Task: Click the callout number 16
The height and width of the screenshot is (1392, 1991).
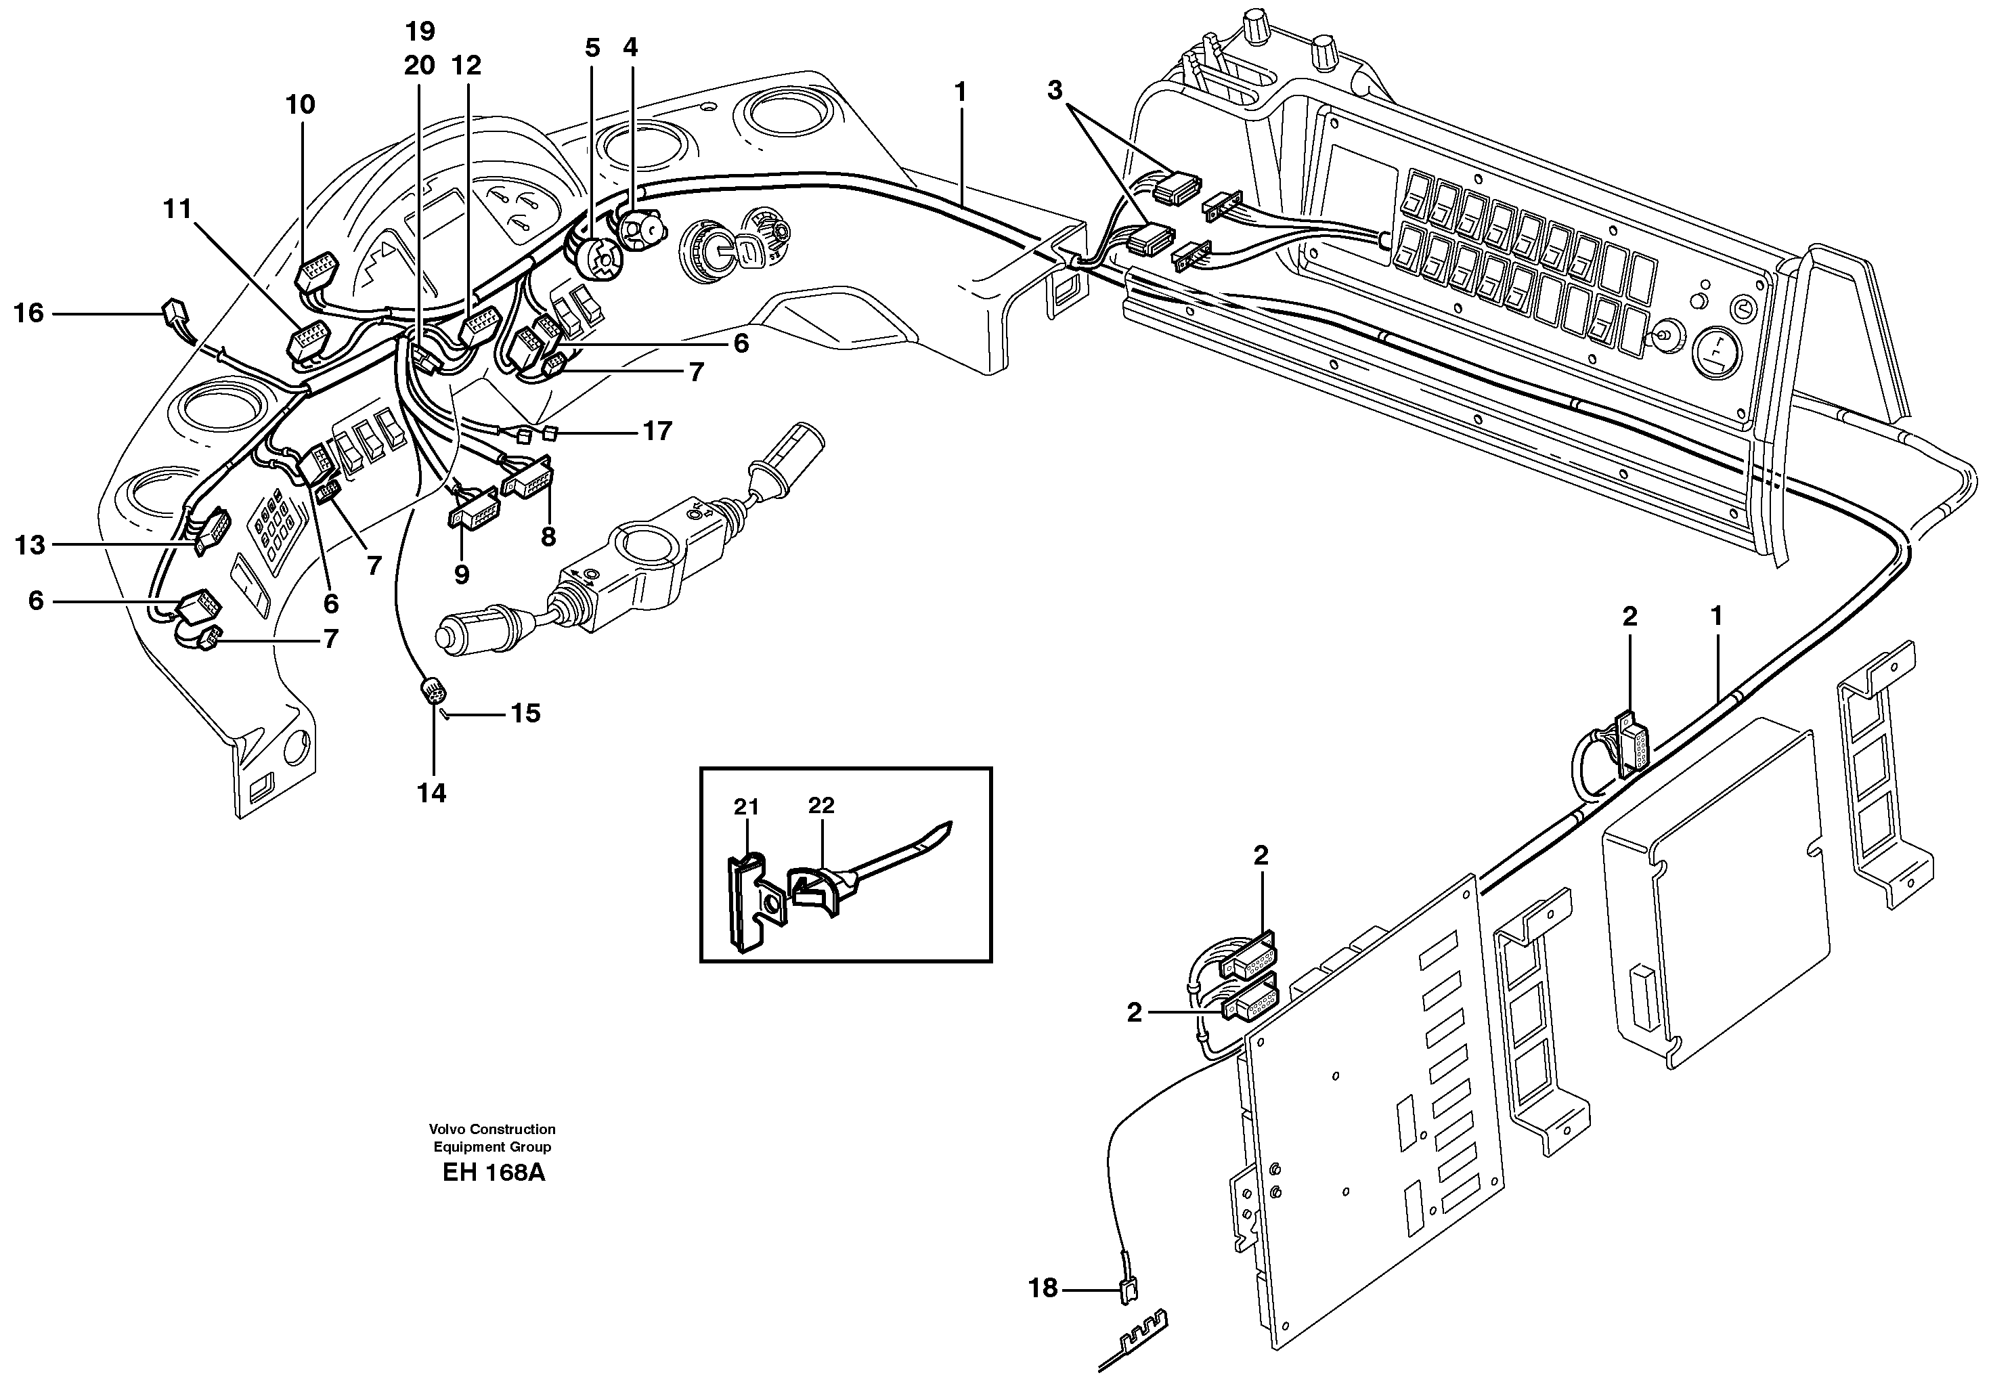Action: [28, 313]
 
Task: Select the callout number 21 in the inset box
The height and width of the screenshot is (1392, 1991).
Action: [746, 806]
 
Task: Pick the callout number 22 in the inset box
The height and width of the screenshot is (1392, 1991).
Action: [821, 805]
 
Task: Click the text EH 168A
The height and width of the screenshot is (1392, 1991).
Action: [493, 1173]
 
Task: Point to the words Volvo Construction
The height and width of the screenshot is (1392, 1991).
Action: [491, 1129]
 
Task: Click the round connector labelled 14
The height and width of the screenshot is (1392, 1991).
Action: [432, 691]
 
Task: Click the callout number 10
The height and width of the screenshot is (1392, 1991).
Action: [300, 105]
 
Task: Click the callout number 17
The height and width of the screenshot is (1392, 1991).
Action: [657, 431]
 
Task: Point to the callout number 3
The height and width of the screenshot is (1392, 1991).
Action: [1055, 90]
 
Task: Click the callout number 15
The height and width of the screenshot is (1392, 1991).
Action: [525, 713]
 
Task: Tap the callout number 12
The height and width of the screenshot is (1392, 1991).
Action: [466, 66]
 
